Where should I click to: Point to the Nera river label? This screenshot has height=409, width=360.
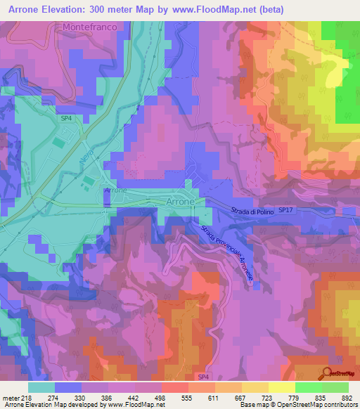point(86,157)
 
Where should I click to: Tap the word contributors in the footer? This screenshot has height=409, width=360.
point(337,404)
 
